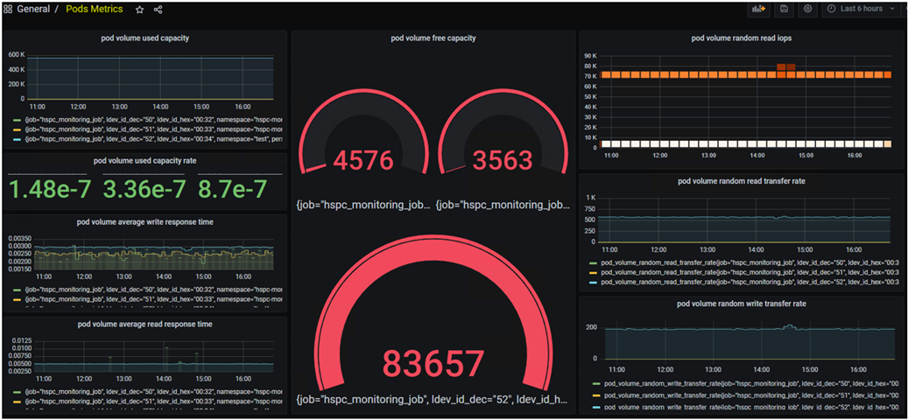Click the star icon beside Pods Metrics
coord(139,10)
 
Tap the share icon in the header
coord(158,10)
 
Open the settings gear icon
coord(808,9)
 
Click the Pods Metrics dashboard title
coord(94,10)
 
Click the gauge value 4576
coord(362,161)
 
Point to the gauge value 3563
coord(502,161)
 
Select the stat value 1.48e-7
coord(50,188)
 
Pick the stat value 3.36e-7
coord(144,188)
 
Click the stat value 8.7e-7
coord(232,188)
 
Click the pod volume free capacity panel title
coord(433,38)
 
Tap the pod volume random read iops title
coord(742,38)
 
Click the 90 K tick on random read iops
coord(589,55)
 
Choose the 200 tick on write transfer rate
coord(590,327)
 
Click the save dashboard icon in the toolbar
coord(784,9)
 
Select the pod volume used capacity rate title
coord(144,161)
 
